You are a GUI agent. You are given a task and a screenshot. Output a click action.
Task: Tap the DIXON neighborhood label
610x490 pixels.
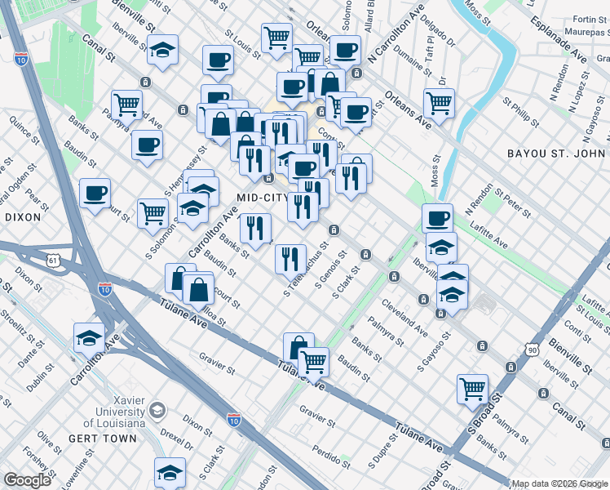click(x=22, y=218)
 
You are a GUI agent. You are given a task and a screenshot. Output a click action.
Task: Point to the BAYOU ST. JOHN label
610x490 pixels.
click(x=557, y=154)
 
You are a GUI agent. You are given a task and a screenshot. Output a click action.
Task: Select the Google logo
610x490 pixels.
click(x=28, y=480)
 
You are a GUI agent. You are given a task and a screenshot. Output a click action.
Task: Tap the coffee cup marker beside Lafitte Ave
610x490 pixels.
click(x=437, y=218)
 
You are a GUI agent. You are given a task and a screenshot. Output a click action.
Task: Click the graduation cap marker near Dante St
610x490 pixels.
click(x=89, y=336)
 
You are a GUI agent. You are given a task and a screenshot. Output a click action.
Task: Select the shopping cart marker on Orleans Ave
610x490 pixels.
click(x=439, y=103)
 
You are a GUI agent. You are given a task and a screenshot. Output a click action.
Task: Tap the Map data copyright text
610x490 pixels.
click(x=559, y=483)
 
